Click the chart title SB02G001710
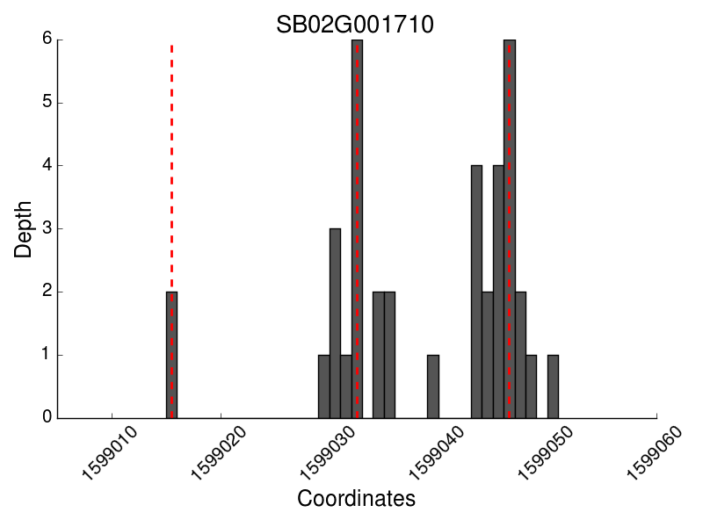355,25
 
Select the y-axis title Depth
24,229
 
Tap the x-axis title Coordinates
356,499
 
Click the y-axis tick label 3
47,228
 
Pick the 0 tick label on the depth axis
47,418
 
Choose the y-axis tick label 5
47,103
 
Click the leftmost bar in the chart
172,355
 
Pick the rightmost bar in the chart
553,386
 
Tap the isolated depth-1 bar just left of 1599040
433,386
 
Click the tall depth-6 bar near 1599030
357,228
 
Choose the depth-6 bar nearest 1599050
510,228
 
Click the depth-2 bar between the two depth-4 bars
488,355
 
